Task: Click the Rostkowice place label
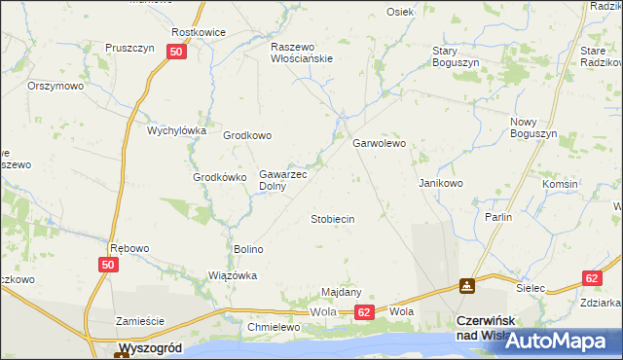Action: coord(199,32)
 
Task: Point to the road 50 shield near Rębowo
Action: coord(108,265)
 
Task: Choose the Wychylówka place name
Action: coord(177,130)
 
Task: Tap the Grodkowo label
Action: coord(247,136)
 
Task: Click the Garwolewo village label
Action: coord(378,143)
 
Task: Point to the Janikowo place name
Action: coord(440,183)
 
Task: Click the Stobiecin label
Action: coord(332,220)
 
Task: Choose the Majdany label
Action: coord(342,292)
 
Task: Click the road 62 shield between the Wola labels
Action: coord(363,312)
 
